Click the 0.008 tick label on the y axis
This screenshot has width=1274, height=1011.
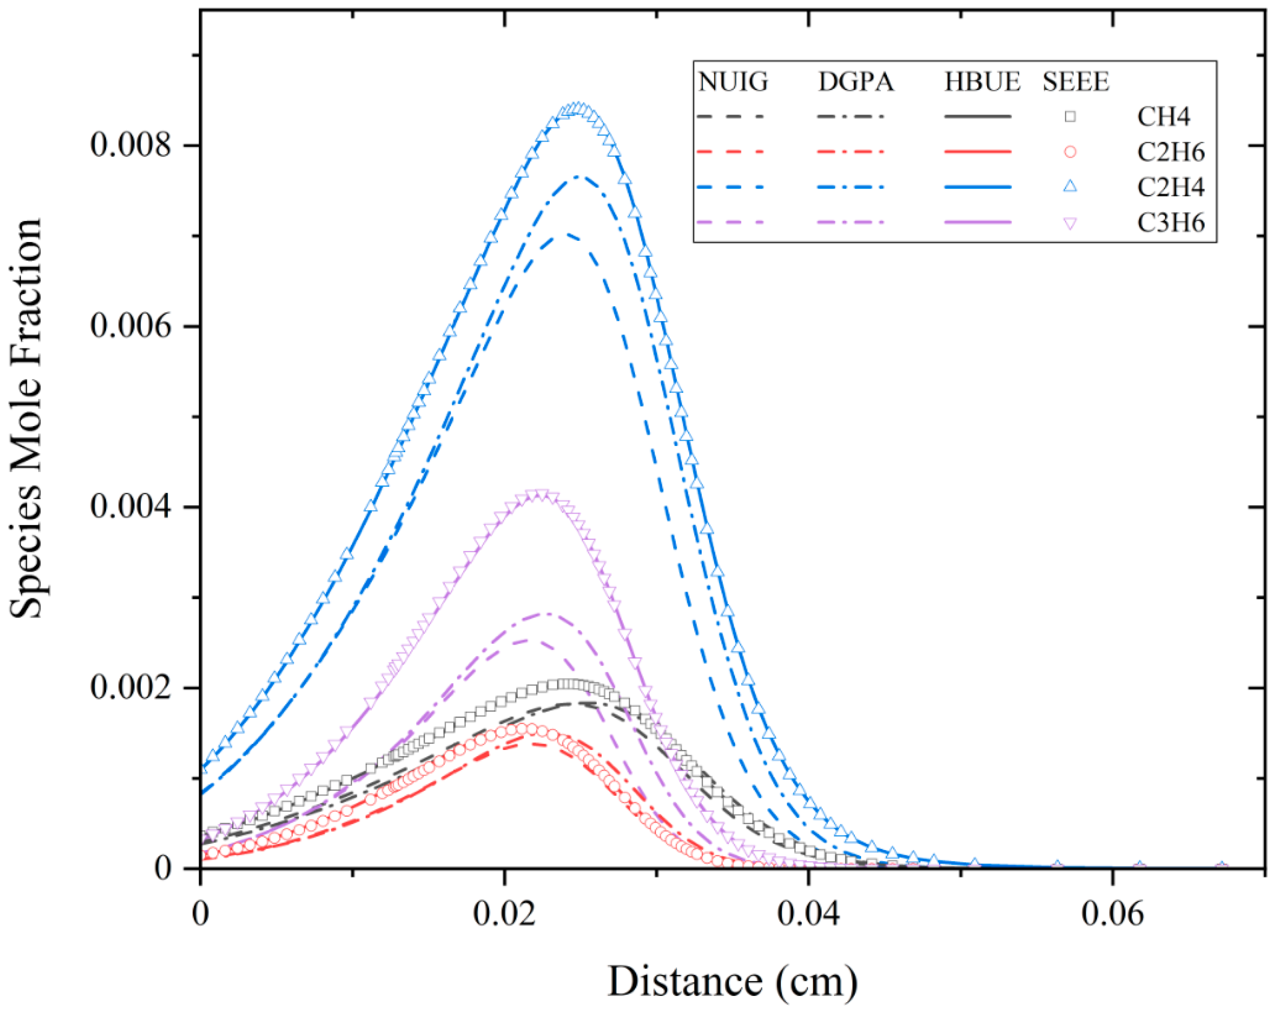(131, 145)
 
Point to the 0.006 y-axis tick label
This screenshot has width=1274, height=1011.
(131, 326)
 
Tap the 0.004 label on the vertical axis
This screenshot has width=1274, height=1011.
(131, 507)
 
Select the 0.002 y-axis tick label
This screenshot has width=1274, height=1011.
(131, 688)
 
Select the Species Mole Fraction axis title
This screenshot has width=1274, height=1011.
(26, 419)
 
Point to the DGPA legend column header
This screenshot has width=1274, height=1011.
(855, 82)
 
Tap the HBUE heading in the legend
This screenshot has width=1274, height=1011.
(982, 82)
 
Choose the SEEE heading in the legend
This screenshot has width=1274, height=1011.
(1075, 82)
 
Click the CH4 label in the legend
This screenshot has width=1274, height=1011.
(1163, 117)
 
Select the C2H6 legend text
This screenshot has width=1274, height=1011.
(1170, 152)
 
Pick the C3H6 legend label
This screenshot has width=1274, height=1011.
(1170, 223)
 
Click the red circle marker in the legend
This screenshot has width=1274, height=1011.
(1070, 152)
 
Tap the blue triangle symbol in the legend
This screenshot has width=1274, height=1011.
(1070, 187)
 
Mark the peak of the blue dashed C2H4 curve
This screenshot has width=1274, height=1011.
(566, 234)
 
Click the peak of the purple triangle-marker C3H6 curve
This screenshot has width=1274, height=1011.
(539, 494)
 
